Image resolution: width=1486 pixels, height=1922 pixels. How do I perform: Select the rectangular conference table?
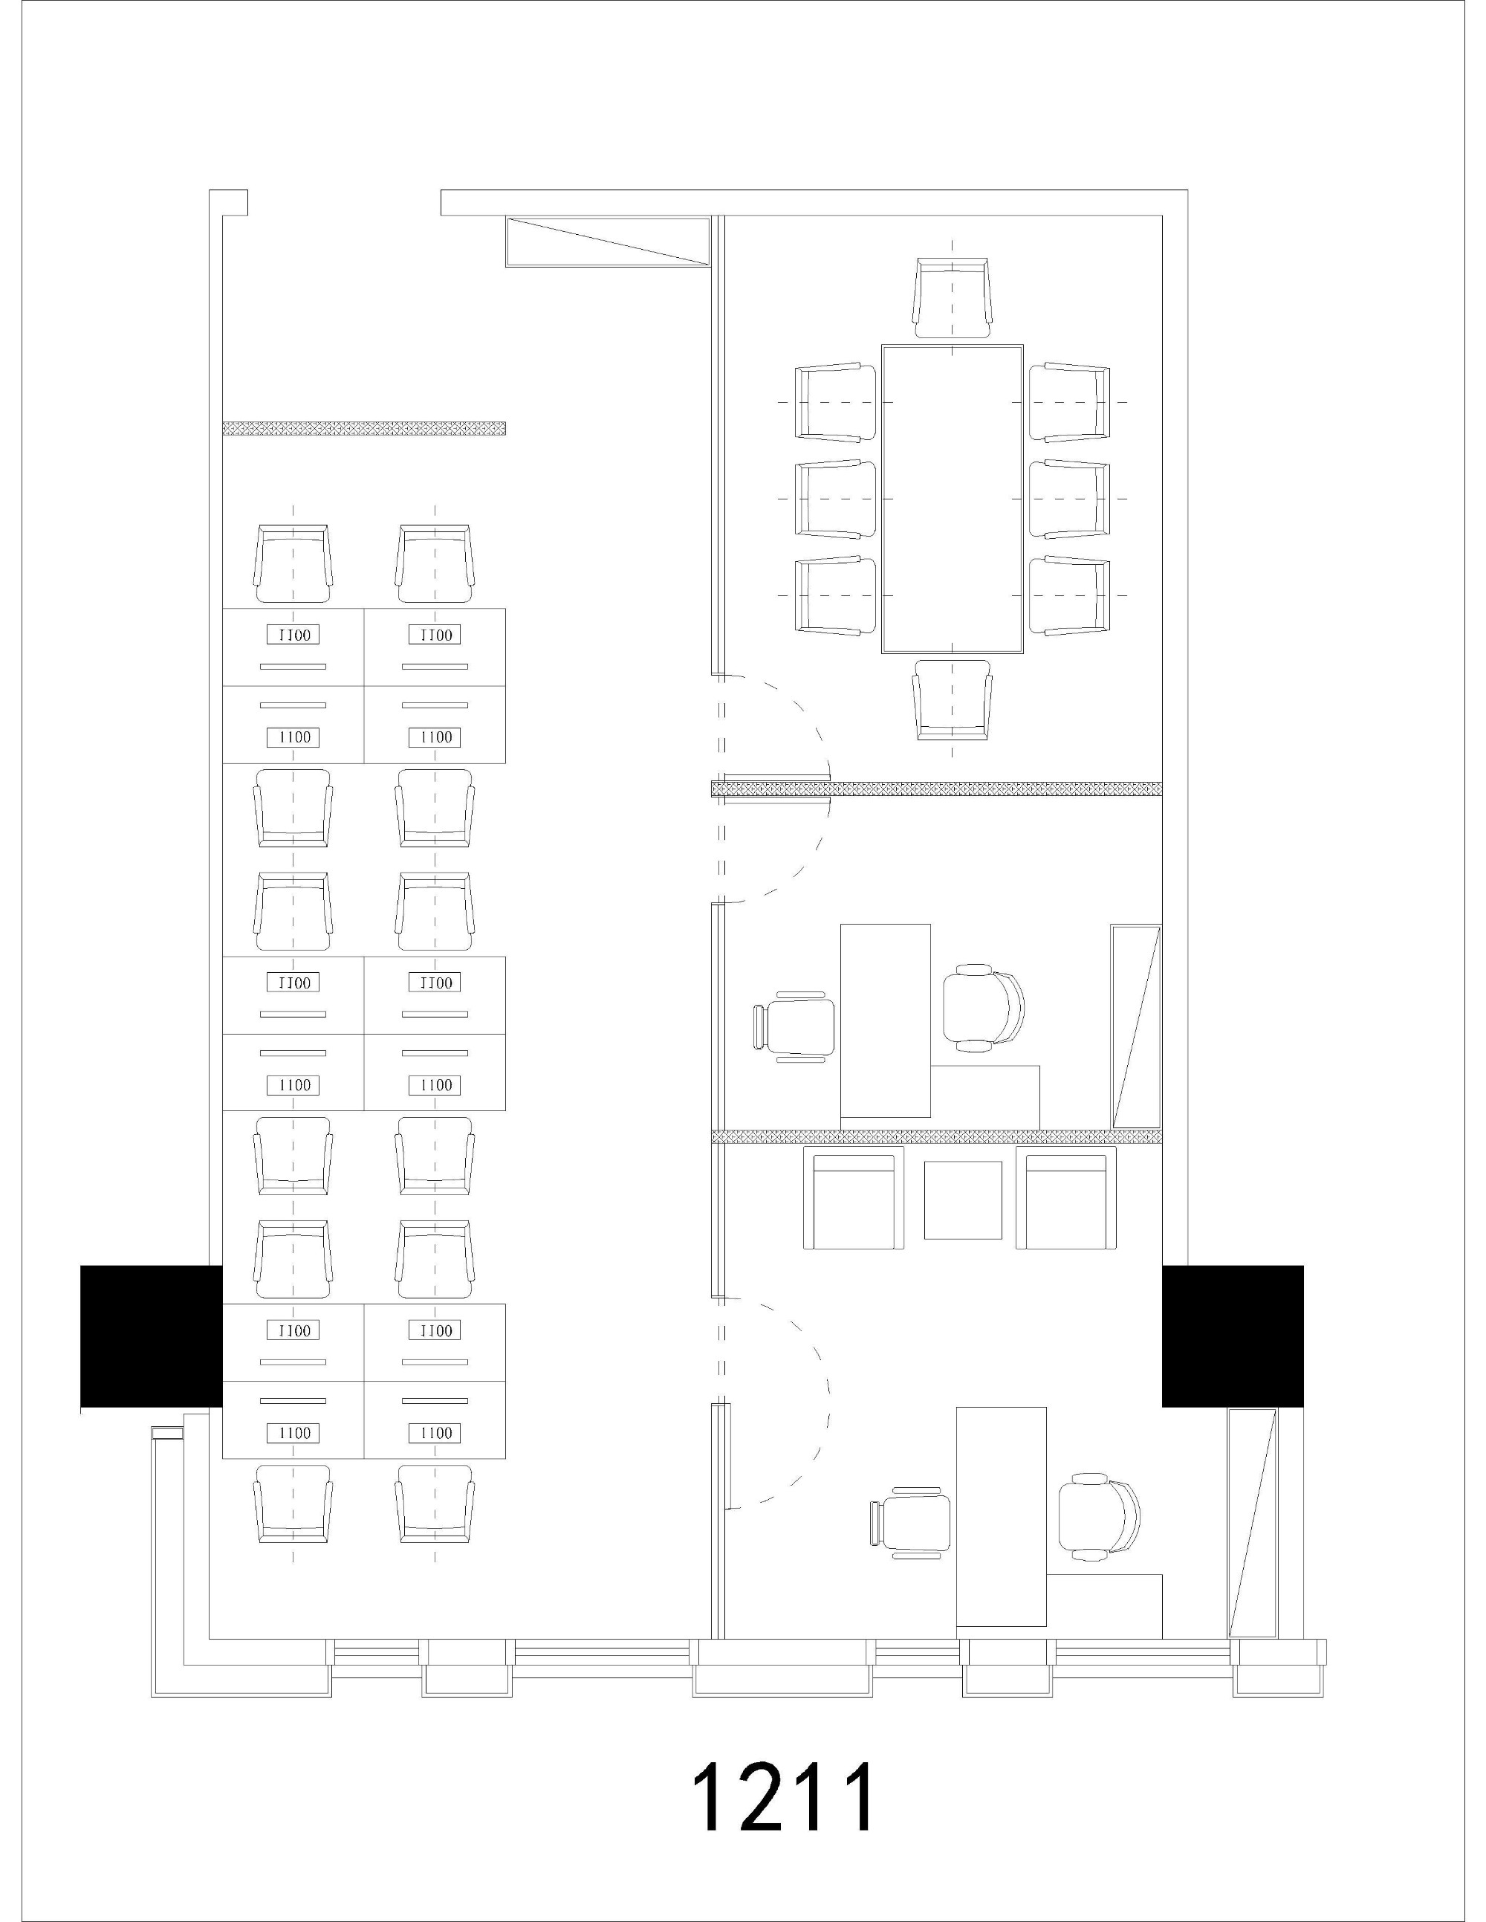coord(953,499)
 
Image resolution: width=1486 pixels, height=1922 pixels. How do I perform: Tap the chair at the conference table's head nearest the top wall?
coord(953,297)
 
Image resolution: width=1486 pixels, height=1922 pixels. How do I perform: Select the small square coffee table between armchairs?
coord(962,1200)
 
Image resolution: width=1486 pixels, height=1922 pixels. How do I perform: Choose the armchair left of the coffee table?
coord(854,1198)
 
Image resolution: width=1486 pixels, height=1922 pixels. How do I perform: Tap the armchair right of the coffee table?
coord(1065,1198)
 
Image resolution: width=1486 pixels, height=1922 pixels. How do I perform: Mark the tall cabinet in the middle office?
coord(1136,1026)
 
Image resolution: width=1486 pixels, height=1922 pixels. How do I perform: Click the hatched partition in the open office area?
coord(363,429)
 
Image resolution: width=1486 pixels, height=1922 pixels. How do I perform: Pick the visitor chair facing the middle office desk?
coord(794,1026)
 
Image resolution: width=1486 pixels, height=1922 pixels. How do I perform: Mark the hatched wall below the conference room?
coord(936,789)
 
